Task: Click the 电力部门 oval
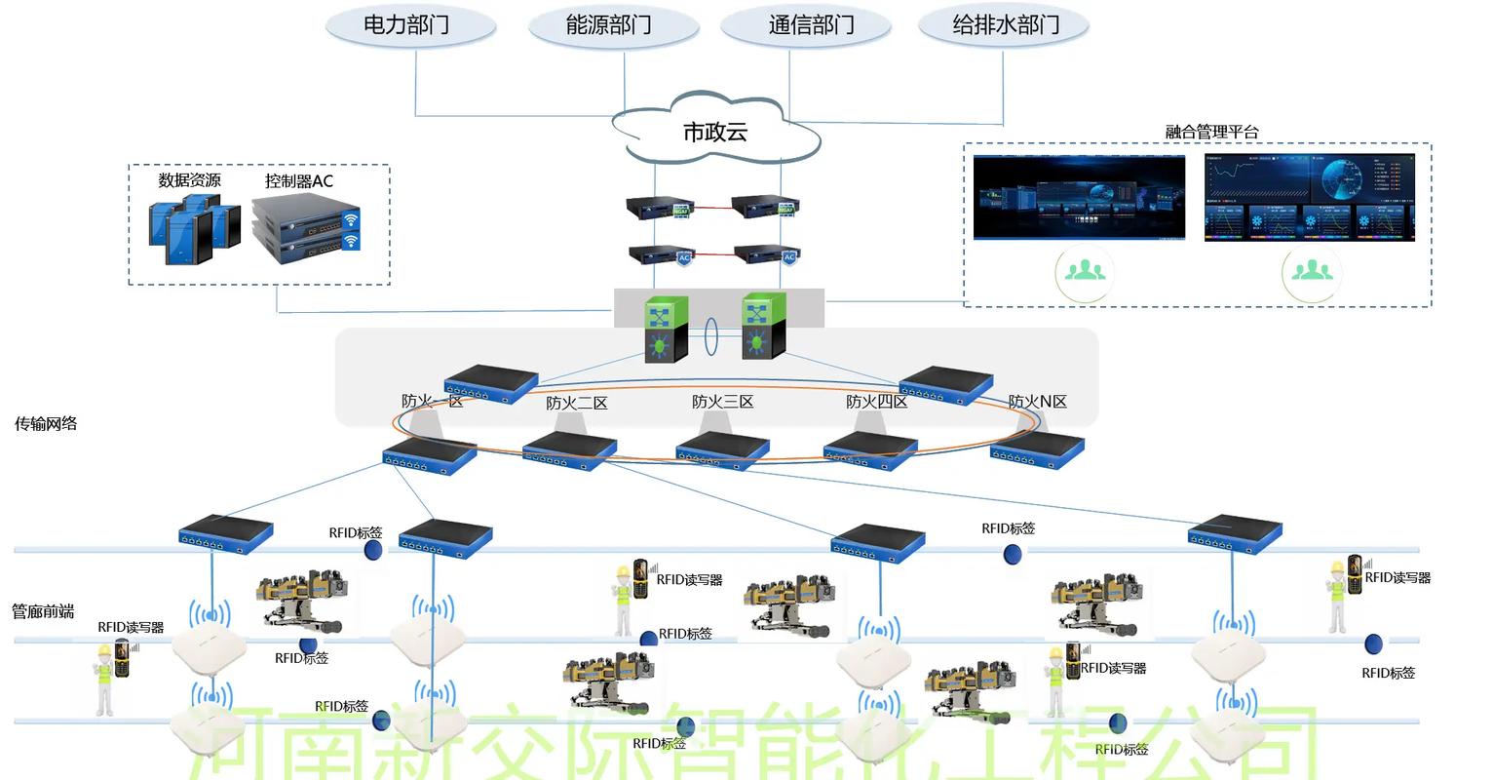point(409,25)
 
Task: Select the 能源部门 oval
point(612,25)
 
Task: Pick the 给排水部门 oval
point(1005,25)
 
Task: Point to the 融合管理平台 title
point(1211,132)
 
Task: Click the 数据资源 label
point(190,180)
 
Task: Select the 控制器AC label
point(299,181)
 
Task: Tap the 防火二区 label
point(576,403)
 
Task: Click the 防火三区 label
point(722,402)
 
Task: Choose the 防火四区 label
point(876,402)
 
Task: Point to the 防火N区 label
point(1037,402)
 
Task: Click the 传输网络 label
point(46,424)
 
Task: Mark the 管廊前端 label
point(43,611)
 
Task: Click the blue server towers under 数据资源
point(194,229)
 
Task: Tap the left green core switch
point(667,329)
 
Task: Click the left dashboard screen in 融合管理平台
point(1079,197)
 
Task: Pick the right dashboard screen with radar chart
point(1309,197)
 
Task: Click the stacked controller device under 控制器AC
point(305,230)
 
